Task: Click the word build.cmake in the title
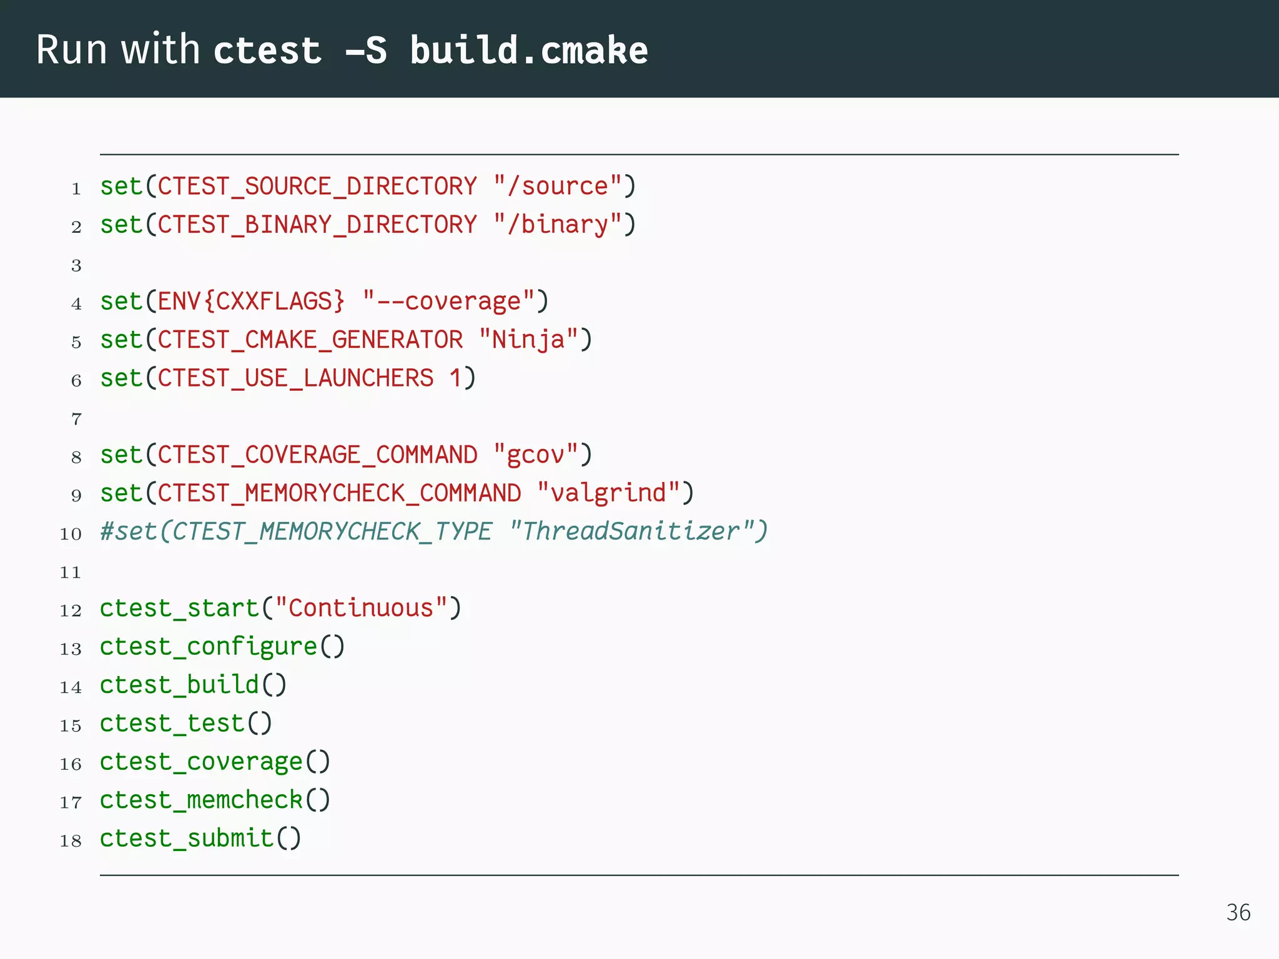tap(529, 50)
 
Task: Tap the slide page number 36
tap(1238, 913)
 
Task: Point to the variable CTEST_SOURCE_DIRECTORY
tap(317, 187)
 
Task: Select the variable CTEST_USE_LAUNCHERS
tap(295, 378)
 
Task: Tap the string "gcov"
tap(535, 455)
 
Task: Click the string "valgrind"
tap(608, 493)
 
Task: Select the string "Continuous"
tap(361, 608)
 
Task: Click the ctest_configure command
tap(209, 647)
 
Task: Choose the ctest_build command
tap(179, 685)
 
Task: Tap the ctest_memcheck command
tap(201, 800)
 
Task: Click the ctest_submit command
tap(187, 839)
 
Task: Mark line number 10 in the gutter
tap(71, 534)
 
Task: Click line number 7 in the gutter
tap(76, 419)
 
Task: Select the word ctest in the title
tap(267, 50)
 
